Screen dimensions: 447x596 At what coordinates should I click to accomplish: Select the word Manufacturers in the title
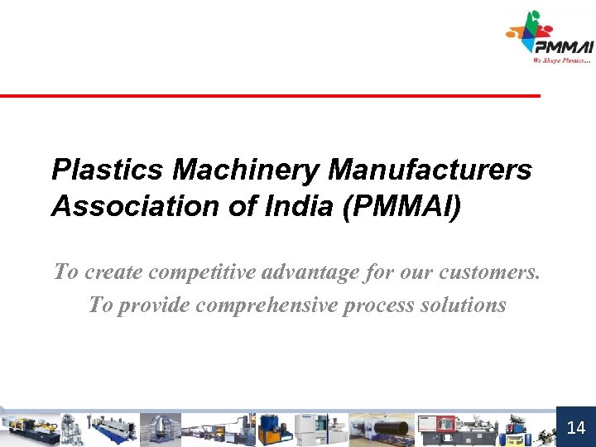coord(430,170)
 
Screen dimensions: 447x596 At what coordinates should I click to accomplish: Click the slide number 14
coord(576,427)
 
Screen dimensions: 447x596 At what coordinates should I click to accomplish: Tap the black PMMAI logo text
coord(564,47)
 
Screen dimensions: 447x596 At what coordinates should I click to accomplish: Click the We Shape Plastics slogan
coord(562,60)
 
